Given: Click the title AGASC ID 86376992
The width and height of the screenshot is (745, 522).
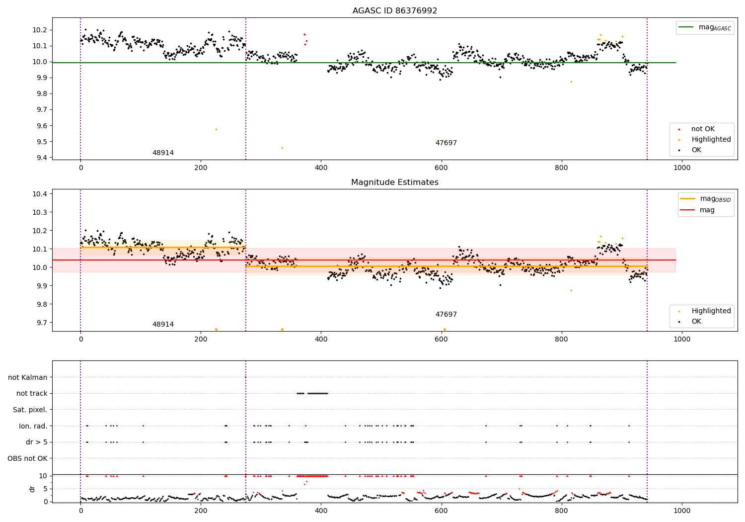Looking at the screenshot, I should coord(394,11).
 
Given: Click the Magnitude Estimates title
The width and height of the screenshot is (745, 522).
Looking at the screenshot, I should coord(394,182).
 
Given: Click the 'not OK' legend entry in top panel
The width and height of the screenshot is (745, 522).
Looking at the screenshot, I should coord(703,129).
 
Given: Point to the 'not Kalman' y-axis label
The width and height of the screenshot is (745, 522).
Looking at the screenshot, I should coord(28,377).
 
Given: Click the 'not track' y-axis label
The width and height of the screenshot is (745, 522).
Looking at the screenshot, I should coord(32,393).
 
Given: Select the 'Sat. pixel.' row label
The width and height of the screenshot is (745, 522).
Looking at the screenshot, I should coord(30,410).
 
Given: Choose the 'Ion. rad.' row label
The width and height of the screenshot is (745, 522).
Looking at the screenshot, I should coord(33,426).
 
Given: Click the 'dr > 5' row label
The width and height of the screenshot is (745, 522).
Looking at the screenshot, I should coord(36,442).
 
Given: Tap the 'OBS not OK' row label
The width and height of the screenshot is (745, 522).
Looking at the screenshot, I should coord(27,458).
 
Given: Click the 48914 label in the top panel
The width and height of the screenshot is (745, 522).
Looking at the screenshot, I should coord(163,153).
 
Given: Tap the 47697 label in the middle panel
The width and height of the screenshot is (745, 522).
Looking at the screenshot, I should coord(446,315).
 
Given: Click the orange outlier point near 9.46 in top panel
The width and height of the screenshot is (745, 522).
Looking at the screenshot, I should coord(282,148).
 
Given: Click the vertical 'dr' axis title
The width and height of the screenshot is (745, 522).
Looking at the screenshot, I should coord(32,489).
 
